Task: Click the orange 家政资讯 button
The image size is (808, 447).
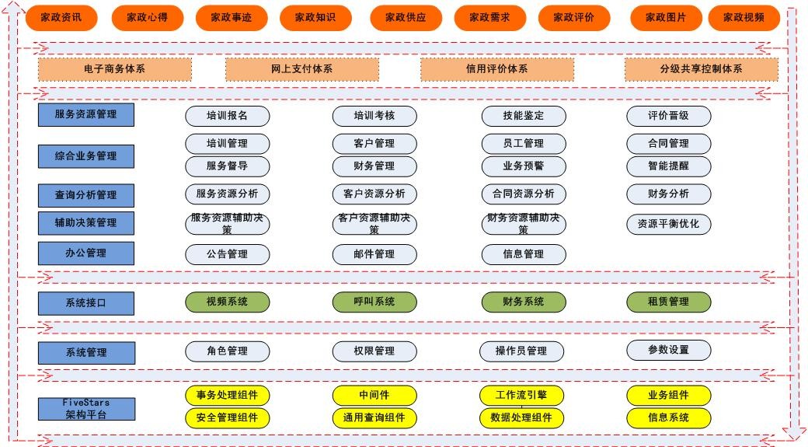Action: coord(61,18)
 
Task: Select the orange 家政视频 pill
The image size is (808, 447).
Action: coord(744,18)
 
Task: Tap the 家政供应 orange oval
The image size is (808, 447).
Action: coord(406,18)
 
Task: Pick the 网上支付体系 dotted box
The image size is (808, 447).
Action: coord(302,69)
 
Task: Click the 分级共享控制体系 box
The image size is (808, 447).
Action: coord(702,69)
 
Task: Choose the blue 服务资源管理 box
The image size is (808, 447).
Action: coord(86,114)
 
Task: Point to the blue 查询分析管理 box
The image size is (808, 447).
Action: coord(86,195)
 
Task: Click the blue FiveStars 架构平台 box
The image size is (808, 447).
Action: coord(86,409)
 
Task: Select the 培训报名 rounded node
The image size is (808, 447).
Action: coord(227,116)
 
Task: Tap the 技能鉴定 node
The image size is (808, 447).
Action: coord(524,116)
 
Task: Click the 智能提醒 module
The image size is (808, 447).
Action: coord(669,166)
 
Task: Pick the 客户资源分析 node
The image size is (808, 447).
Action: coord(374,194)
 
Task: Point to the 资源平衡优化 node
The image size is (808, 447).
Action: coord(669,224)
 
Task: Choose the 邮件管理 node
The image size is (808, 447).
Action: coord(374,254)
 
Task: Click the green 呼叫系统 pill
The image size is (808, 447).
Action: coord(374,302)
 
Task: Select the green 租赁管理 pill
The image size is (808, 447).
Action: coord(669,302)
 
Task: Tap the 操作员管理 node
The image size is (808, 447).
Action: coord(521,351)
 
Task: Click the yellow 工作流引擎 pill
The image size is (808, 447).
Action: coord(521,396)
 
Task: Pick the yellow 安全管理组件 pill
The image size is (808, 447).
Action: coord(227,418)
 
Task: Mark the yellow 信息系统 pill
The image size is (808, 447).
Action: coord(669,418)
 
